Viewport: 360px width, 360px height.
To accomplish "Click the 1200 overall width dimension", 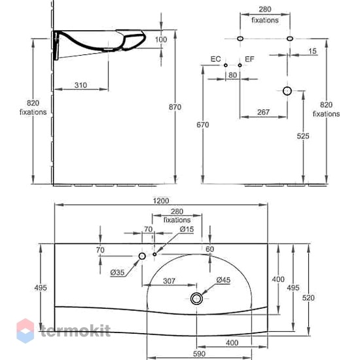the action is coord(161,201).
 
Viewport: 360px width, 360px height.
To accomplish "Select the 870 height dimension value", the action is coord(175,107).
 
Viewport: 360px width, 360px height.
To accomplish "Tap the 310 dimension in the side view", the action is coord(81,85).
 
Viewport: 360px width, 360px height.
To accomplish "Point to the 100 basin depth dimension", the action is coord(161,39).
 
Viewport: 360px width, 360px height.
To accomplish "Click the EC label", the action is coord(215,59).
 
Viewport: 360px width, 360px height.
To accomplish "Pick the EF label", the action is coord(249,59).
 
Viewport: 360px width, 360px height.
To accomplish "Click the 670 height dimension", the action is coord(203,124).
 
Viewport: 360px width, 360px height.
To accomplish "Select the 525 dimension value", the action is coord(303,136).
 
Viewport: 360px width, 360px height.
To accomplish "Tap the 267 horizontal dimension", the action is coord(263,112).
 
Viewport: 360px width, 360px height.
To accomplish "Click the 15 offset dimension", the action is coord(312,51).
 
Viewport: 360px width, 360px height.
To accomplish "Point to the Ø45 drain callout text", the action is coord(223,280).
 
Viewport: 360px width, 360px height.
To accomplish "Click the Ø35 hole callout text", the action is coord(117,272).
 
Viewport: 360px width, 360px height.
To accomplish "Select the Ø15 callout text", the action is coord(187,229).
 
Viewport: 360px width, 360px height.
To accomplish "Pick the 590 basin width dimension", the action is coord(199,354).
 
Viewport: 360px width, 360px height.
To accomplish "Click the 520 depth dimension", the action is coord(308,298).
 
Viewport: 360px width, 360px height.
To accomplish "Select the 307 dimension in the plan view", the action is coord(170,281).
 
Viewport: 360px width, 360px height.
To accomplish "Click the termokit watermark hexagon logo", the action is coord(26,331).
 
